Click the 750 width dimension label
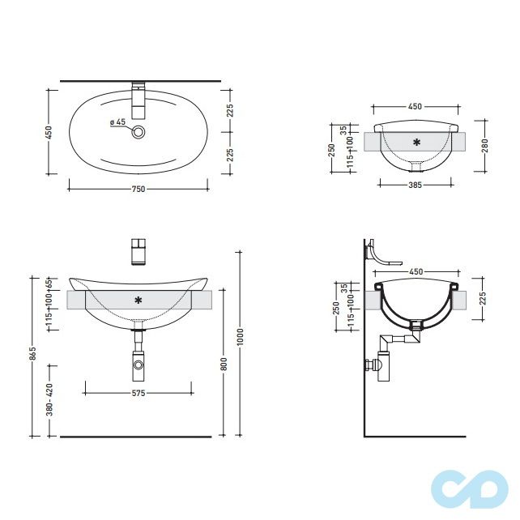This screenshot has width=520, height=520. click(x=139, y=189)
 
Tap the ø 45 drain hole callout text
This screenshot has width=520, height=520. click(x=117, y=122)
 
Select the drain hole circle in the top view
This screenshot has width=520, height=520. click(x=139, y=132)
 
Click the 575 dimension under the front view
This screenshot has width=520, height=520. click(x=139, y=393)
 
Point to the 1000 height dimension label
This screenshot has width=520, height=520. click(x=241, y=337)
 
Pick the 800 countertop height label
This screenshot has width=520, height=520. click(x=224, y=364)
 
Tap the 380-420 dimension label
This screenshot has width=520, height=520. click(x=49, y=399)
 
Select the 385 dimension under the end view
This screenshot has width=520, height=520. click(x=415, y=185)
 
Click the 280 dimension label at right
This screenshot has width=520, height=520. click(x=485, y=146)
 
